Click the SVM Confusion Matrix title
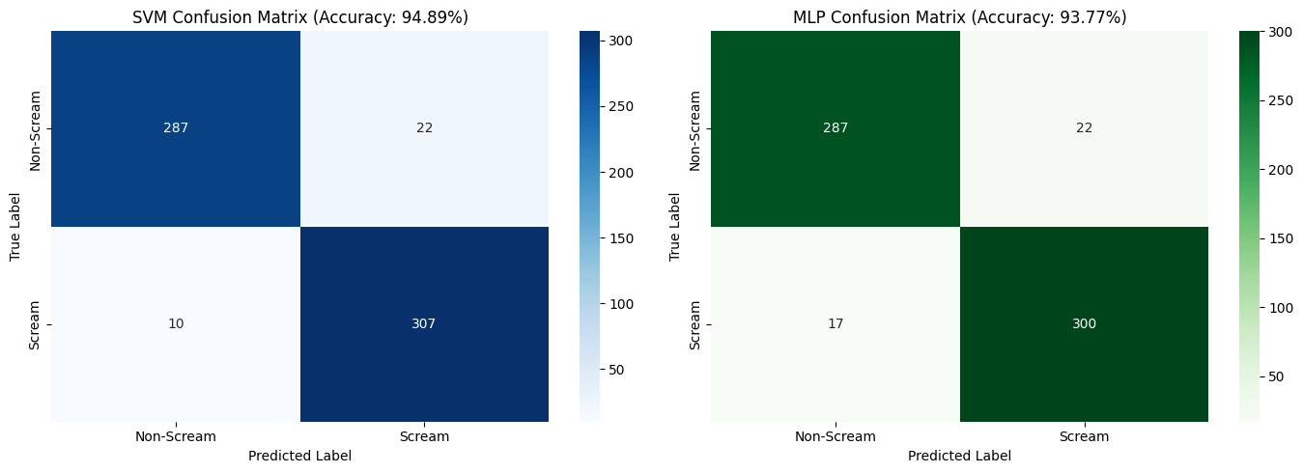pos(300,17)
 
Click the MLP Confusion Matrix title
pos(960,17)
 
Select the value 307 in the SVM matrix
pos(423,323)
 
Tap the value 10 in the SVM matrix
pos(176,323)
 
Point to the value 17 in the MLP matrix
pos(836,323)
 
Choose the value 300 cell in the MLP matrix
pos(1084,323)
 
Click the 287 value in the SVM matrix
pos(176,127)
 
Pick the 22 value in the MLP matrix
pos(1084,127)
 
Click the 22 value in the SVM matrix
pos(424,127)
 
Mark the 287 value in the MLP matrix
pos(836,127)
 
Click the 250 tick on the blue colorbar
pos(621,107)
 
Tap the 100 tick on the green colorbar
pos(1281,308)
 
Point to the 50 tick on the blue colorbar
pos(616,370)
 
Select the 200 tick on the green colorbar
pos(1281,170)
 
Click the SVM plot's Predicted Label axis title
pos(299,457)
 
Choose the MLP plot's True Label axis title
pos(674,227)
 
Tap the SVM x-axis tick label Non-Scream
pos(176,436)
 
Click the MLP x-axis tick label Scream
pos(1084,436)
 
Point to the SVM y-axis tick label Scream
pos(35,324)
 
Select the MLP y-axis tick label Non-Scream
pos(694,130)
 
